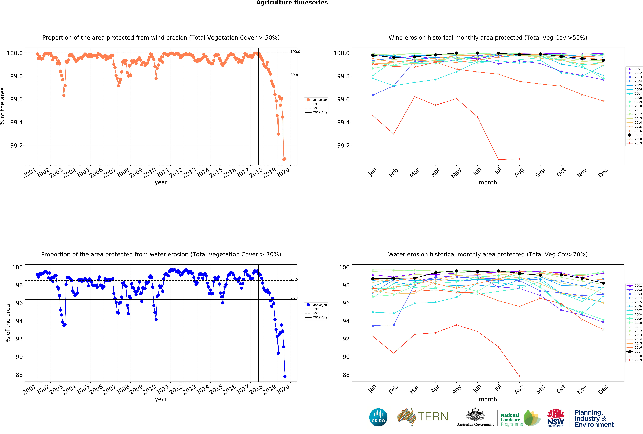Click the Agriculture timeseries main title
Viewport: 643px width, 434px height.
click(x=292, y=3)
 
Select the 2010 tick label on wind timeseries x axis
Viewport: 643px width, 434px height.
click(x=149, y=173)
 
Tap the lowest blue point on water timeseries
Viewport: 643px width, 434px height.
click(x=285, y=376)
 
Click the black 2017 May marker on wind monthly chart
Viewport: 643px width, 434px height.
click(x=456, y=53)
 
